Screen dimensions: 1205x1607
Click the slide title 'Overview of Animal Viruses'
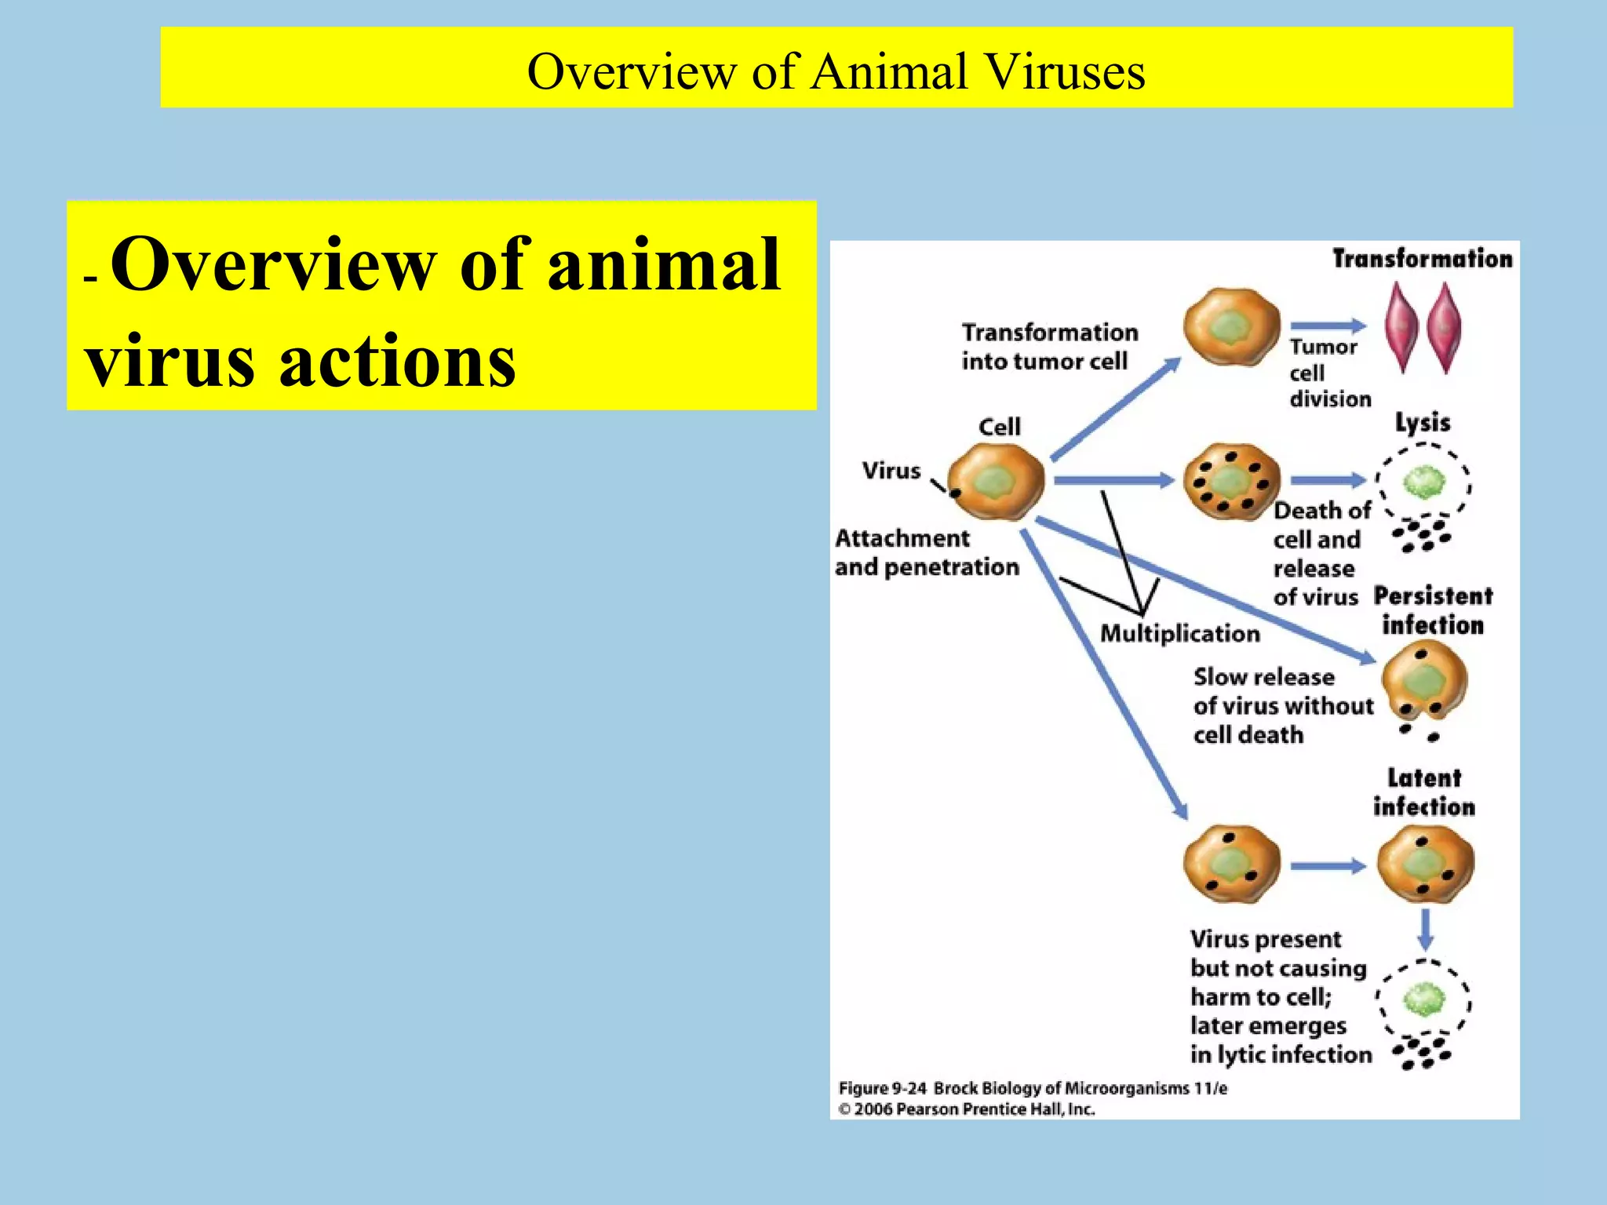(836, 71)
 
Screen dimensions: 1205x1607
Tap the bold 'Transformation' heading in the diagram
(1422, 259)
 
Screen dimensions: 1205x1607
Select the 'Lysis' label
(1422, 423)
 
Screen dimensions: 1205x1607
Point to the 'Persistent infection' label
(1433, 610)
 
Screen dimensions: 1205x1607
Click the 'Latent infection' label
(1423, 792)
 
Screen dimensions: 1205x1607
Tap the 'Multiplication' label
(1179, 633)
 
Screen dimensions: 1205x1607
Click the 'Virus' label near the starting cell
(891, 471)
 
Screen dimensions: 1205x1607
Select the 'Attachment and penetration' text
(926, 552)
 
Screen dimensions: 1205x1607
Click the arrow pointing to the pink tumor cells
(1328, 326)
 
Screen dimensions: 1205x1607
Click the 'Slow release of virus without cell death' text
(1282, 705)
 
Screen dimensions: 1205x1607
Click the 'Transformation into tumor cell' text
(1049, 347)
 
